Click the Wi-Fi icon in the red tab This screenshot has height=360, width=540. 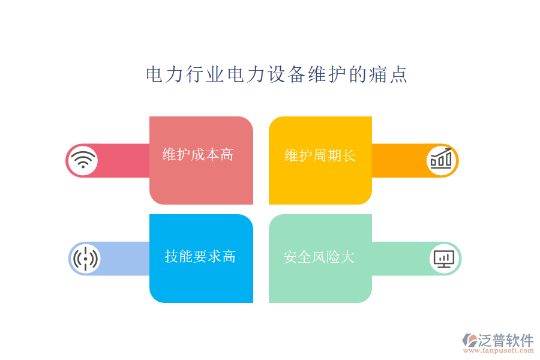coord(83,160)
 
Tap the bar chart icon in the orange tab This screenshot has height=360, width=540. coord(442,160)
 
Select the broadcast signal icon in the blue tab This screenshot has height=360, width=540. coord(85,259)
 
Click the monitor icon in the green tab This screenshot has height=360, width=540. coord(444,259)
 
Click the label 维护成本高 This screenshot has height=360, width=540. coord(198,155)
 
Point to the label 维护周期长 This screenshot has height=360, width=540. coord(320,156)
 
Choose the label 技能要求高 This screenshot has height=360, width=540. coord(200,257)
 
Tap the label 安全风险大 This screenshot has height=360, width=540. coord(319,257)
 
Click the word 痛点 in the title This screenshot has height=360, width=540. coord(388,75)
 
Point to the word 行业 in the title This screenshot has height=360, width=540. coord(205,75)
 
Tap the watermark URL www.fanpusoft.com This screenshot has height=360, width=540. coord(503,352)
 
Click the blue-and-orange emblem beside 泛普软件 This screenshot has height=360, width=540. coord(469,341)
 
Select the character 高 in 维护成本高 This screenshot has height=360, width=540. coord(227,155)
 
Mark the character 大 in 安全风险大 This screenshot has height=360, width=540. coord(348,257)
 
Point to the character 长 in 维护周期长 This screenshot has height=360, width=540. coord(349,156)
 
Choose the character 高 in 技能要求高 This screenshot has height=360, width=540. coord(229,257)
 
